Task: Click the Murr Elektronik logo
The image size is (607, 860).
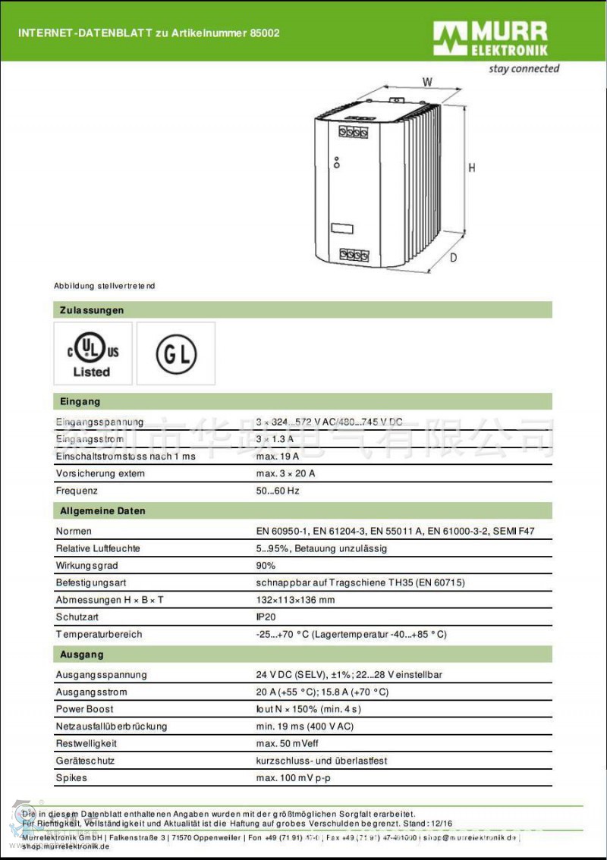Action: (x=490, y=39)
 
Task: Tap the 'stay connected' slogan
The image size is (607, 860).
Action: (x=524, y=69)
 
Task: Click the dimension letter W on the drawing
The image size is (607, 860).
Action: (x=427, y=81)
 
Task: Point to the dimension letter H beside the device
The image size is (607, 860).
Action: (x=472, y=168)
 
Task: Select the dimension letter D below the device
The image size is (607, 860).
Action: (x=453, y=258)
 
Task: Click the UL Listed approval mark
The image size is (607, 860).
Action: (x=93, y=354)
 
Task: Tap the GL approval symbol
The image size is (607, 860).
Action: (x=176, y=354)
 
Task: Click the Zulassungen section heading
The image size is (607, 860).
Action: (x=91, y=310)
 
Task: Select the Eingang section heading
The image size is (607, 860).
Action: (x=80, y=401)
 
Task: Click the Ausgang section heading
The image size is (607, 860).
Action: (x=82, y=654)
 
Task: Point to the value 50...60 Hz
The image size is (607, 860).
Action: (x=278, y=491)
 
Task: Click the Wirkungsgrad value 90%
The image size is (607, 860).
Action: (x=266, y=566)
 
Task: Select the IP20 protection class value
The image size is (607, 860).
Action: (x=266, y=617)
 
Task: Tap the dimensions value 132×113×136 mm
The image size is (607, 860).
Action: (x=295, y=600)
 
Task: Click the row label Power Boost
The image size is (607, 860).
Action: (x=84, y=709)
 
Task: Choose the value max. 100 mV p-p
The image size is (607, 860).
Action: (x=294, y=778)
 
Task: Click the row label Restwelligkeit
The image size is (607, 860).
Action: (x=86, y=744)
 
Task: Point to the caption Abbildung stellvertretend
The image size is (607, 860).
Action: (x=104, y=286)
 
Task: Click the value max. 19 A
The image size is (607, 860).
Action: (x=277, y=457)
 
